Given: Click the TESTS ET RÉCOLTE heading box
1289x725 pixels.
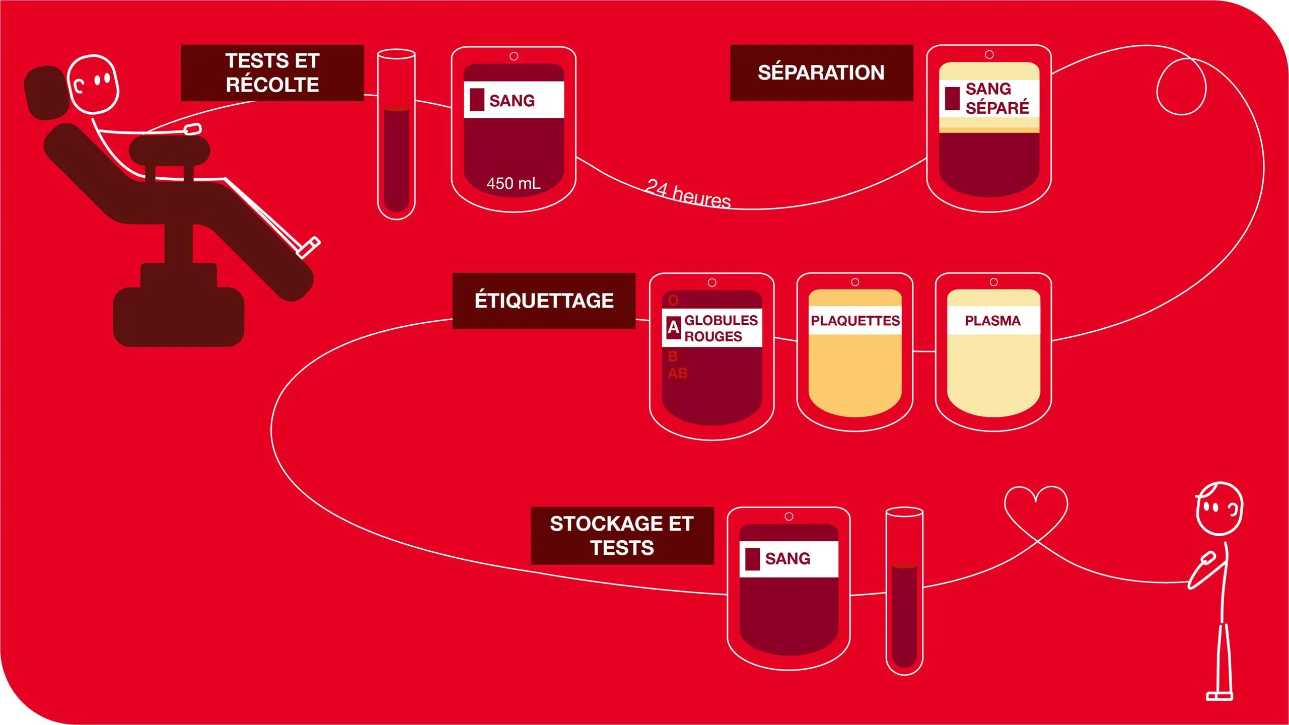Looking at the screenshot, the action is tap(272, 73).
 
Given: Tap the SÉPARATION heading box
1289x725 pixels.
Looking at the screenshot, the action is tap(821, 73).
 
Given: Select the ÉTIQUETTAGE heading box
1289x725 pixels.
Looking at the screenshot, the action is tap(544, 301).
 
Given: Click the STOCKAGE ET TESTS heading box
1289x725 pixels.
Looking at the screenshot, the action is tap(622, 536).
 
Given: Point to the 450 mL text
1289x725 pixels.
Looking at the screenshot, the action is tap(514, 183).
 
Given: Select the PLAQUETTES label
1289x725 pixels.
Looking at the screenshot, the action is tap(855, 321).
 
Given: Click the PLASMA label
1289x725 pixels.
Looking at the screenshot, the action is tap(993, 321).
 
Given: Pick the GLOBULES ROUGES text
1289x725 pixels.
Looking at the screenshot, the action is tap(721, 328).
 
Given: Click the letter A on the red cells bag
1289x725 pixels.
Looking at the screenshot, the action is tap(673, 328).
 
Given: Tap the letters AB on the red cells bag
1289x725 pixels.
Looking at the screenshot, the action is tap(677, 374).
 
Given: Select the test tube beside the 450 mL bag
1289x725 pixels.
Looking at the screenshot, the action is tap(396, 134).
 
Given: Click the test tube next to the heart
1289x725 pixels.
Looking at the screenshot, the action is tap(904, 591).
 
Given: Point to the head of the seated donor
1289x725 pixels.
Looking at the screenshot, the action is tap(93, 84).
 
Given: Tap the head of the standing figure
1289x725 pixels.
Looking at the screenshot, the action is tap(1219, 509).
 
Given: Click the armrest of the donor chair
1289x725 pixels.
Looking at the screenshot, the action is tap(170, 150).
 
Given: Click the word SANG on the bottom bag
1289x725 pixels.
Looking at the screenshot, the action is tap(787, 559).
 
